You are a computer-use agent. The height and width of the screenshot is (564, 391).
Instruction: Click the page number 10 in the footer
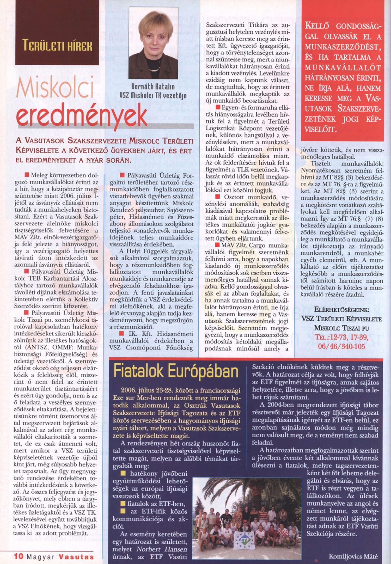click(19, 557)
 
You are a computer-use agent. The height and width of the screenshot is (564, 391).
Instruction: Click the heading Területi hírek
click(57, 45)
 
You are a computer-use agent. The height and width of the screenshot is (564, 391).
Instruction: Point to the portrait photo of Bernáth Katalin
click(153, 43)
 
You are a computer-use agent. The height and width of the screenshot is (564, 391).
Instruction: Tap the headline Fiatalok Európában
click(176, 371)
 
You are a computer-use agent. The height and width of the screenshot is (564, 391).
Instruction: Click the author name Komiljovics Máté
click(353, 556)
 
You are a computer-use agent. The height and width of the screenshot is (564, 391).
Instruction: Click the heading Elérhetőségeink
click(342, 310)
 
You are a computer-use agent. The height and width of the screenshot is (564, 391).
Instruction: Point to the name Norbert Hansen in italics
click(162, 549)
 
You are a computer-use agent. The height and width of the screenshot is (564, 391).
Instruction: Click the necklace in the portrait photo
click(154, 70)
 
